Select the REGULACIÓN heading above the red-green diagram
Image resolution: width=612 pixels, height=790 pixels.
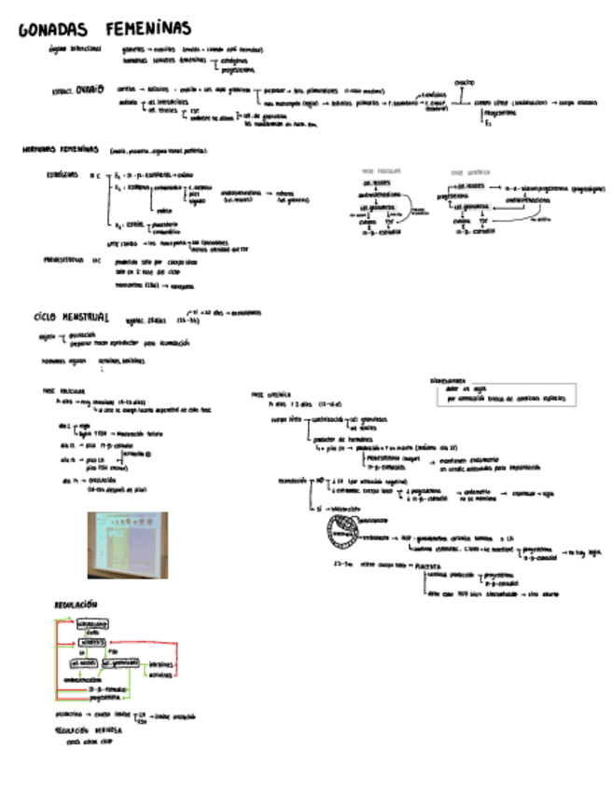(79, 605)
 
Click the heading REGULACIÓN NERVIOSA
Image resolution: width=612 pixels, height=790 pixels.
(89, 729)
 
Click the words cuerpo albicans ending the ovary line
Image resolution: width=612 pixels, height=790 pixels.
(584, 102)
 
